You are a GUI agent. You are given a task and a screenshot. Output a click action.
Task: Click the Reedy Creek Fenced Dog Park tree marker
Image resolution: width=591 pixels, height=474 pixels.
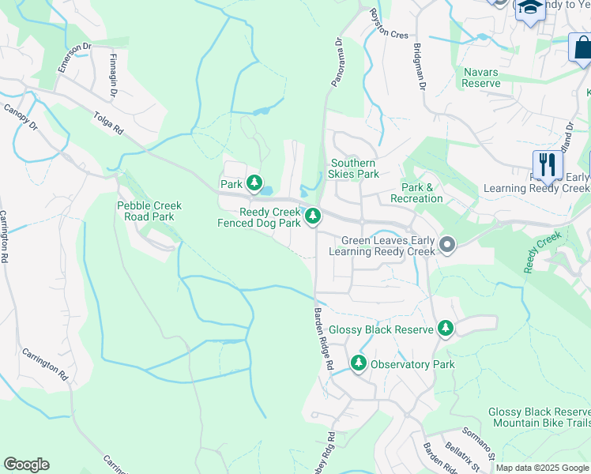pyautogui.click(x=313, y=215)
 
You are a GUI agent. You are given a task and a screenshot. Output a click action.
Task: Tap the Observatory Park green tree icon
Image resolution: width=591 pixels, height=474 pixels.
pyautogui.click(x=359, y=363)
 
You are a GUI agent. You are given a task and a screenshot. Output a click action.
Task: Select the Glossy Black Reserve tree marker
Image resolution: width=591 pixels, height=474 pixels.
pyautogui.click(x=446, y=328)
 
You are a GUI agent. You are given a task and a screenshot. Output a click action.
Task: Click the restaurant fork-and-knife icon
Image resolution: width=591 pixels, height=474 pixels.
pyautogui.click(x=547, y=165)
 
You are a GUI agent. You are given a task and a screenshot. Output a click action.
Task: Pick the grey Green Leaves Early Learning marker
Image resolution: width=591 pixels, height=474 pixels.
pyautogui.click(x=447, y=245)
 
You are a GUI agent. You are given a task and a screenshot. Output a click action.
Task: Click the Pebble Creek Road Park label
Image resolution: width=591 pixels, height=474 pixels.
pyautogui.click(x=149, y=211)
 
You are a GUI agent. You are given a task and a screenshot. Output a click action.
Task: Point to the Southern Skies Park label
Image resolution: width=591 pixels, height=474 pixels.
pyautogui.click(x=354, y=168)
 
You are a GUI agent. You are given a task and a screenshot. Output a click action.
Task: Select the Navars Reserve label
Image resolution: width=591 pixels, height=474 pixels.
pyautogui.click(x=481, y=77)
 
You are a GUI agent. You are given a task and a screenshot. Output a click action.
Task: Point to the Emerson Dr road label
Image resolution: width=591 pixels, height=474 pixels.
pyautogui.click(x=70, y=59)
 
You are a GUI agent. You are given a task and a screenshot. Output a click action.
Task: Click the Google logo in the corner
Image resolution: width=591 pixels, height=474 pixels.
pyautogui.click(x=26, y=465)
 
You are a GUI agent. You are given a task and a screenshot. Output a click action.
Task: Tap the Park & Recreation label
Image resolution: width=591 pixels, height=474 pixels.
pyautogui.click(x=422, y=193)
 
